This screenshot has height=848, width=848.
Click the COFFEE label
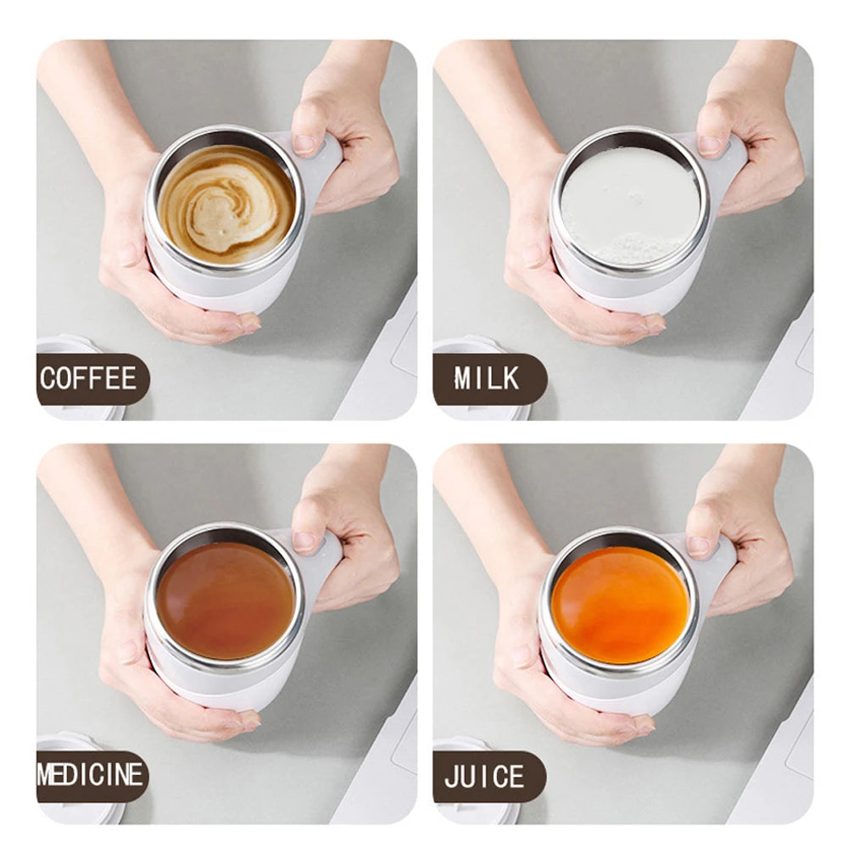[89, 378]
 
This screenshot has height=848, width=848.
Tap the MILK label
[488, 378]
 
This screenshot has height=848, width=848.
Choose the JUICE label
[486, 776]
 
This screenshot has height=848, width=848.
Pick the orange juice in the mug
[620, 605]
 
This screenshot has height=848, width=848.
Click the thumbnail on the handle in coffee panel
[305, 142]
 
